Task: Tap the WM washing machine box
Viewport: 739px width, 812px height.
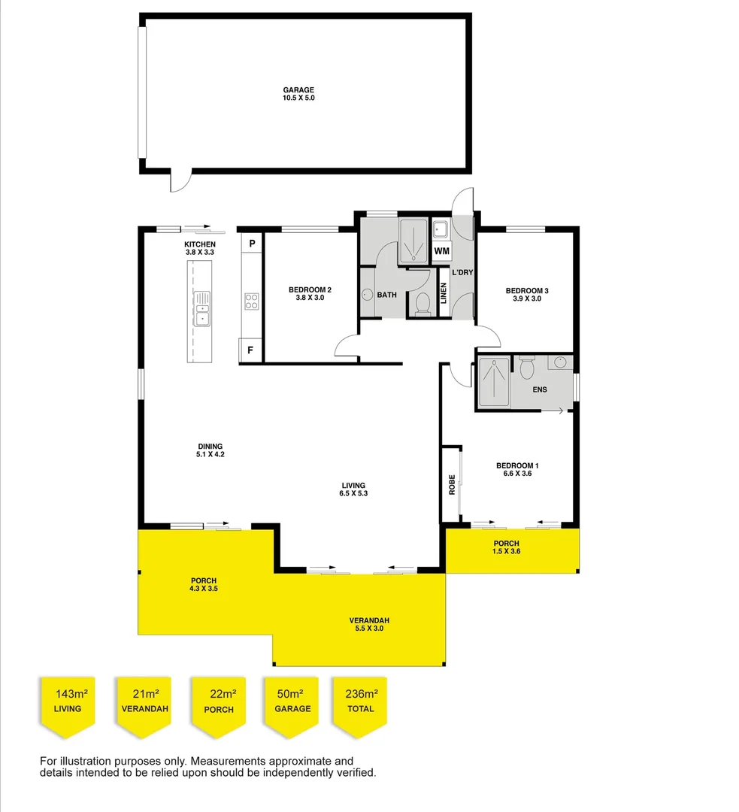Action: [x=442, y=250]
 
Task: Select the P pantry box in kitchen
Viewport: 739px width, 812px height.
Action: [x=252, y=244]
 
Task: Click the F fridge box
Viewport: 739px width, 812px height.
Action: [x=250, y=350]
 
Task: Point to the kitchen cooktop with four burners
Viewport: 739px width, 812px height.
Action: [x=251, y=301]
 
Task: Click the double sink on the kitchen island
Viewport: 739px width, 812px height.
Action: [x=202, y=309]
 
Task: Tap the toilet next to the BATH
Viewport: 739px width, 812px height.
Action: [x=422, y=303]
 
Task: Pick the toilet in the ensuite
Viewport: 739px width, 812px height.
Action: [x=526, y=368]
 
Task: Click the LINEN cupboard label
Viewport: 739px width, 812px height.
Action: [x=444, y=294]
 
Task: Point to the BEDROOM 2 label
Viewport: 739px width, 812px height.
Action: [x=310, y=294]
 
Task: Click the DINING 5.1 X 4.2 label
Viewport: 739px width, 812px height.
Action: [x=210, y=450]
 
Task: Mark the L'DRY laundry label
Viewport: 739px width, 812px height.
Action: [x=462, y=272]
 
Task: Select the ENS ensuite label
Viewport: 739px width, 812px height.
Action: [x=539, y=389]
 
